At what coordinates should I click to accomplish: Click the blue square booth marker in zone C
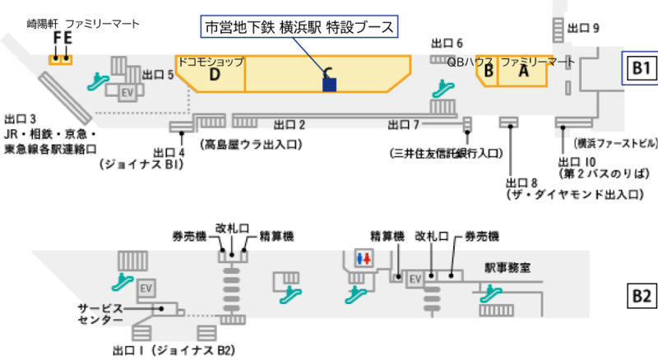click(x=330, y=84)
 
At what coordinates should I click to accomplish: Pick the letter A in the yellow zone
click(x=522, y=72)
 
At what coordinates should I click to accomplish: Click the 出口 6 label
click(x=447, y=43)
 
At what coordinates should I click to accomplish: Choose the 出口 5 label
click(x=158, y=75)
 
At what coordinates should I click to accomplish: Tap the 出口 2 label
click(x=290, y=125)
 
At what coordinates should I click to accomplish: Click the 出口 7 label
click(x=404, y=125)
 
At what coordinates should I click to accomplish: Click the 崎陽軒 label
click(x=42, y=23)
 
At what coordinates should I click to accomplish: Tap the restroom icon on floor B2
click(x=364, y=257)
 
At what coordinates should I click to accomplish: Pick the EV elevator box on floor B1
click(x=127, y=90)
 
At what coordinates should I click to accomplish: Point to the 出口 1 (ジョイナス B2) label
click(x=173, y=350)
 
